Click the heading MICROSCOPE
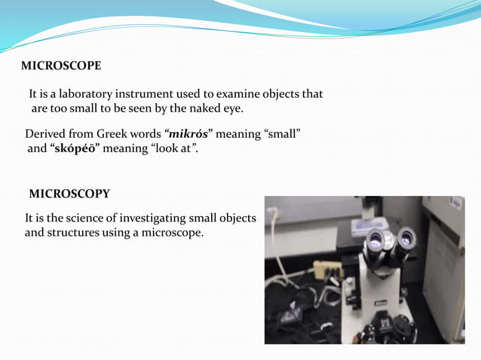[x=61, y=66]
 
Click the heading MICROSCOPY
[x=69, y=194]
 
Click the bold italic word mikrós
[x=187, y=134]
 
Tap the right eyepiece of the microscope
[x=406, y=239]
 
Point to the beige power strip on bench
[x=326, y=268]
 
